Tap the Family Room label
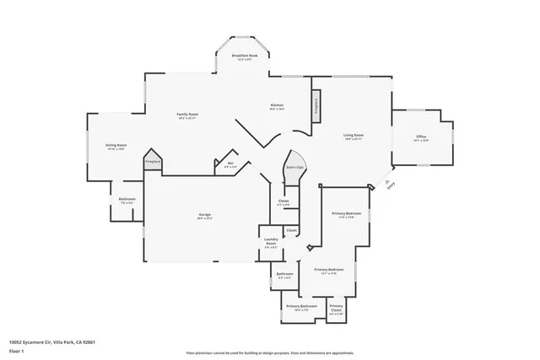point(186,116)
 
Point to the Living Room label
point(353,137)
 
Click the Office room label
point(421,138)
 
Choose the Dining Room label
point(116,147)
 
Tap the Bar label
point(229,164)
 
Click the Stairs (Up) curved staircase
point(294,165)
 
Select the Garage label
point(205,216)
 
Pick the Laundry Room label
point(271,244)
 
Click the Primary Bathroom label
point(301,307)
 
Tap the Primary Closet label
point(336,309)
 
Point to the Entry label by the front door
point(388,186)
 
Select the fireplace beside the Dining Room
point(153,162)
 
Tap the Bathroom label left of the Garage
point(127,201)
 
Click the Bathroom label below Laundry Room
point(284,275)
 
